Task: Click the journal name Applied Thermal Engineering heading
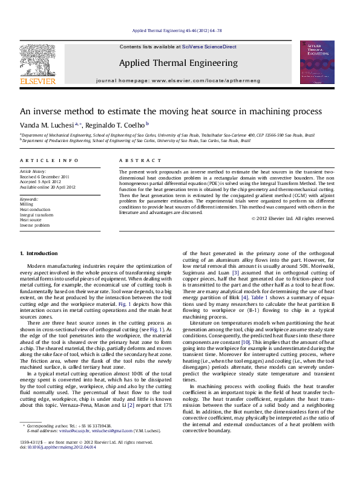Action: coord(178,63)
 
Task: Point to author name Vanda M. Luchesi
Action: coord(47,124)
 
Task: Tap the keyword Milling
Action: coord(27,204)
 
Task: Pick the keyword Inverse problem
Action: coord(34,225)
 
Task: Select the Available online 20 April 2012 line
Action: coord(48,187)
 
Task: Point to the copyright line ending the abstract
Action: coord(292,218)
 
